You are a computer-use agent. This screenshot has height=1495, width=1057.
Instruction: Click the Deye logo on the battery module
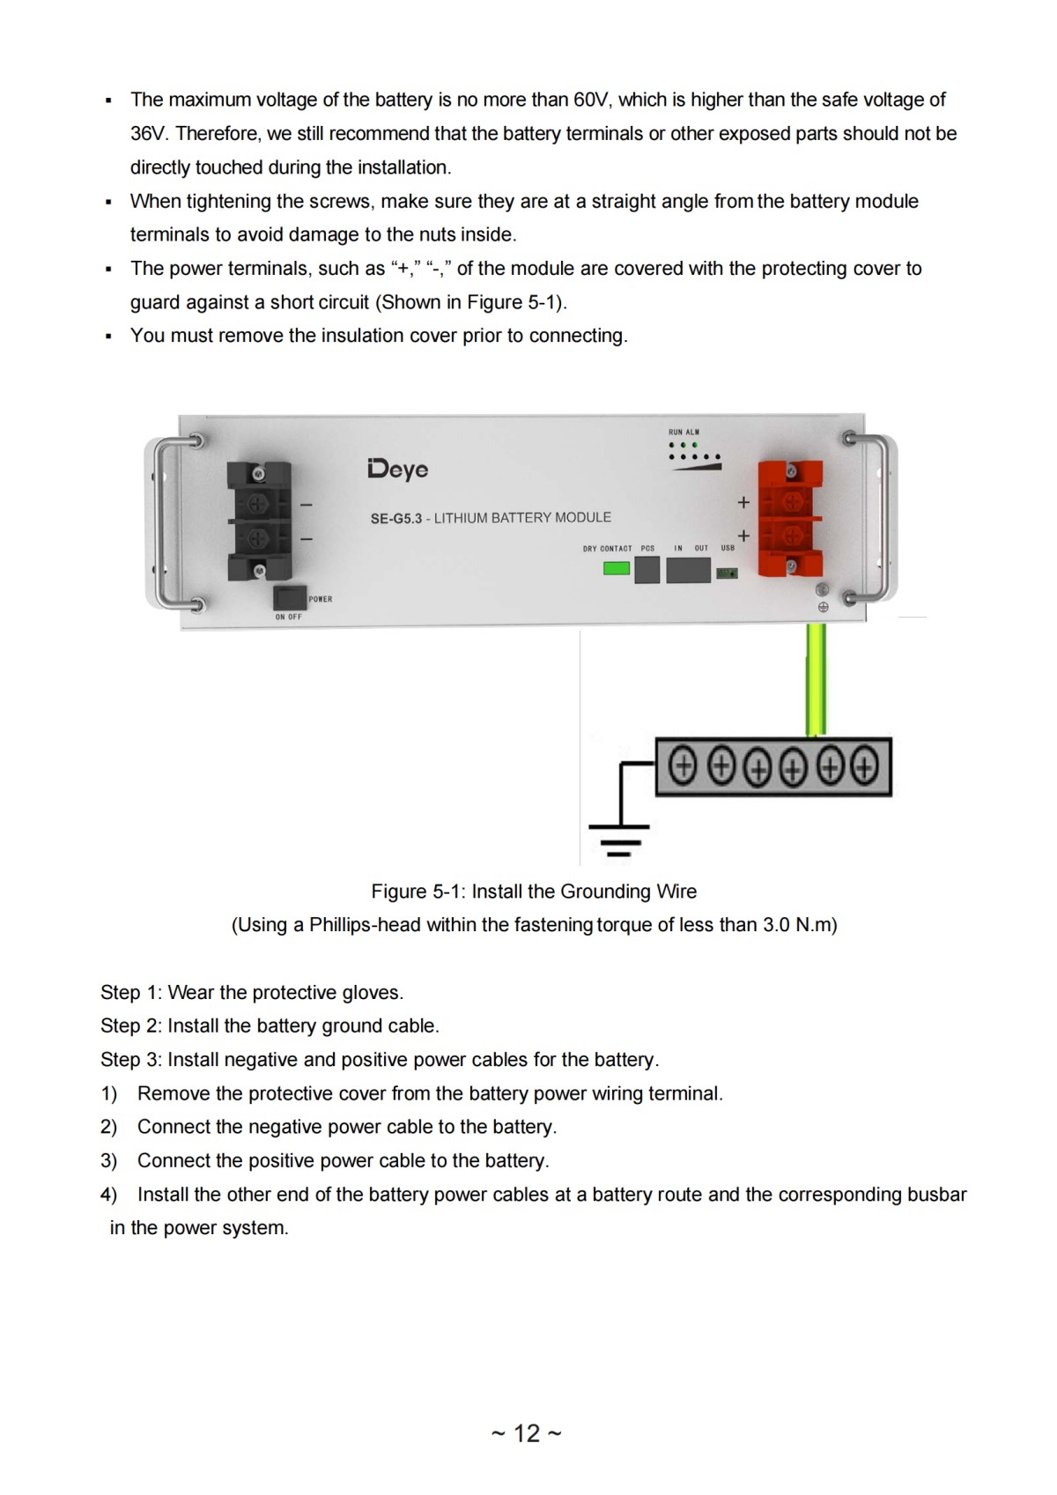(x=398, y=469)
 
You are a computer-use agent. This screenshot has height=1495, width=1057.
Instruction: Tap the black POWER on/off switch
(x=290, y=597)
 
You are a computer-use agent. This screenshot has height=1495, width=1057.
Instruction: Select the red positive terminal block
(x=791, y=518)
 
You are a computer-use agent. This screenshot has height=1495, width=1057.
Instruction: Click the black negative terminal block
(x=258, y=521)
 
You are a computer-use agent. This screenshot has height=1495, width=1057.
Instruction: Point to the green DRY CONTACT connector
(x=616, y=568)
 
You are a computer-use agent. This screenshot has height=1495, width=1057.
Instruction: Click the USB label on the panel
(x=728, y=548)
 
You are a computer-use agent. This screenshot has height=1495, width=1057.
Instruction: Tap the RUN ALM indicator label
(x=684, y=432)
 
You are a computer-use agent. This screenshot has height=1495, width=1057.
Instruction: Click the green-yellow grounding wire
(x=816, y=678)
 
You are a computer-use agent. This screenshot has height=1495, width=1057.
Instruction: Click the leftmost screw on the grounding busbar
(x=683, y=766)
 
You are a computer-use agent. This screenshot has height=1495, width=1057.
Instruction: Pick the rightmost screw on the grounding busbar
(x=864, y=766)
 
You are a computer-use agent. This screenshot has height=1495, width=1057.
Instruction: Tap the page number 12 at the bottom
(x=527, y=1433)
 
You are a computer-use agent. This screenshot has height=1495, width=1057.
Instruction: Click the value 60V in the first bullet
(x=591, y=100)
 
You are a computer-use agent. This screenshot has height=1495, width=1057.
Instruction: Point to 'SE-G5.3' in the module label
(x=395, y=518)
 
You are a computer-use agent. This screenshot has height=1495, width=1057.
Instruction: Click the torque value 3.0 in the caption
(x=776, y=925)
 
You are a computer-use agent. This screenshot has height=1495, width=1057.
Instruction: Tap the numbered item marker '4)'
(x=108, y=1195)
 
